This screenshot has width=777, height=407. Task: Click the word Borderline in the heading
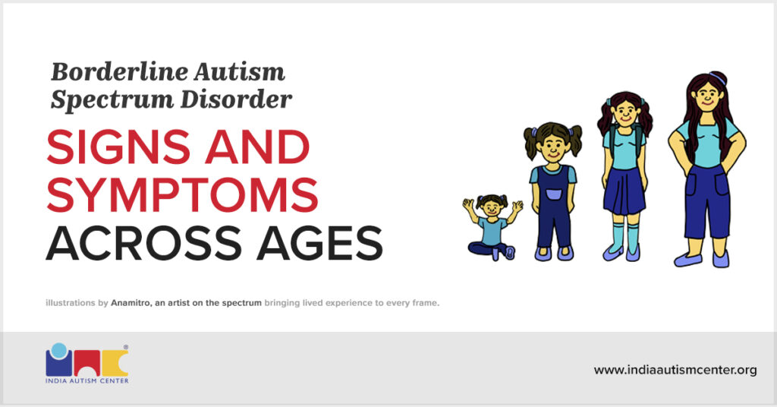tap(118, 72)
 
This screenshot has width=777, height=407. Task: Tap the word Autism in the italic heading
tap(239, 72)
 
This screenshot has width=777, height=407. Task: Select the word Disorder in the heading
tap(236, 99)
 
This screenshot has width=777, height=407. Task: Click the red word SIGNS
tap(118, 147)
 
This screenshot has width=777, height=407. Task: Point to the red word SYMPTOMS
tap(182, 195)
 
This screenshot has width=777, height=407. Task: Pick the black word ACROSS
tap(144, 244)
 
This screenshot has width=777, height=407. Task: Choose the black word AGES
tap(319, 244)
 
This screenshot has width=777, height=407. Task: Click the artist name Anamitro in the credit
tap(131, 302)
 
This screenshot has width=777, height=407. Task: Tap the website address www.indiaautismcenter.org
tap(675, 370)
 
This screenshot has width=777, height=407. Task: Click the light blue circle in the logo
tap(59, 350)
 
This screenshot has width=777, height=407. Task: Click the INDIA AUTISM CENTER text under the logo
tap(87, 380)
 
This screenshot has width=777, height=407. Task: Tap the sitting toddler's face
tap(491, 207)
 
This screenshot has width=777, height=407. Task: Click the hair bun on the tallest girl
tap(718, 77)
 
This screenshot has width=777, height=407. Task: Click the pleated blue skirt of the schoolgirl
tap(624, 190)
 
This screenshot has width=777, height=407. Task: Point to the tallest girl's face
tap(707, 96)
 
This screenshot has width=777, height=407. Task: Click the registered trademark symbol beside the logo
tap(126, 347)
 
